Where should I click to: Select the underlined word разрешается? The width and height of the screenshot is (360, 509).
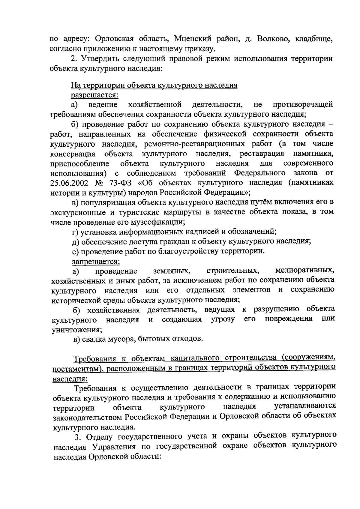tap(94, 95)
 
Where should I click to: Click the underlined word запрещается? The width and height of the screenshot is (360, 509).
tap(96, 262)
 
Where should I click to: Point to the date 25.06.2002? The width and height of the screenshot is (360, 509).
tap(71, 183)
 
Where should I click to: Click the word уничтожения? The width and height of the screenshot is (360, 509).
tap(77, 329)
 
